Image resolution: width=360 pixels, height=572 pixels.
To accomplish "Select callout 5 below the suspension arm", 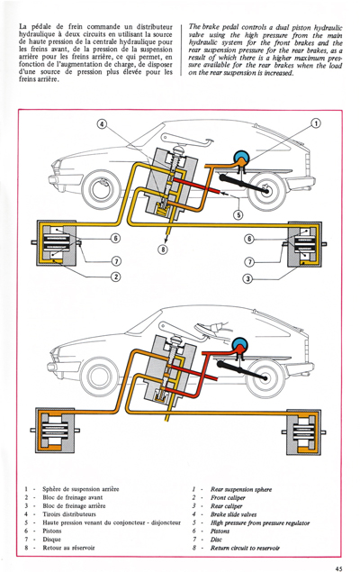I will [238, 214].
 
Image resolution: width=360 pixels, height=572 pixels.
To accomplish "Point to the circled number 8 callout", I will [162, 249].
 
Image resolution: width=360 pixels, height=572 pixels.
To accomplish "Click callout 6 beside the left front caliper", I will [115, 239].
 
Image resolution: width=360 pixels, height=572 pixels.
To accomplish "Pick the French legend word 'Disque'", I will [53, 536].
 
